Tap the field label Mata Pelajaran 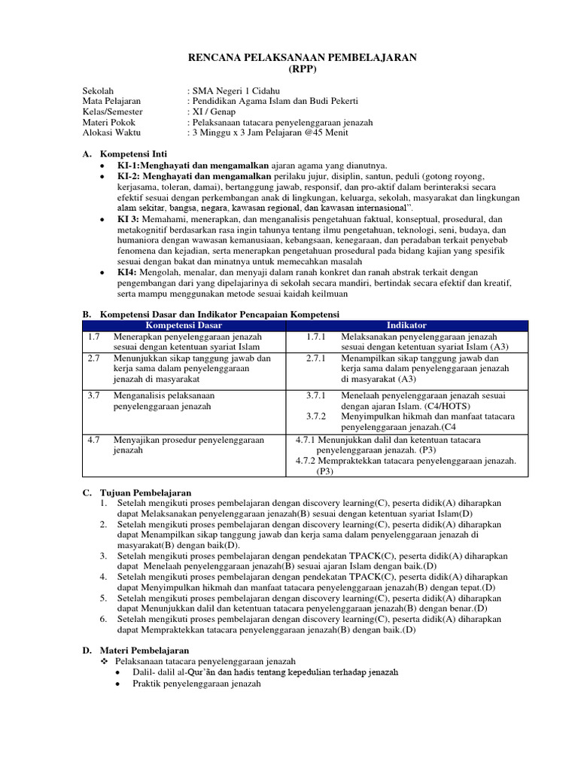[111, 100]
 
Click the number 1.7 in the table [93, 337]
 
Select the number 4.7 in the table [93, 440]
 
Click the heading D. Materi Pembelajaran [135, 649]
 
